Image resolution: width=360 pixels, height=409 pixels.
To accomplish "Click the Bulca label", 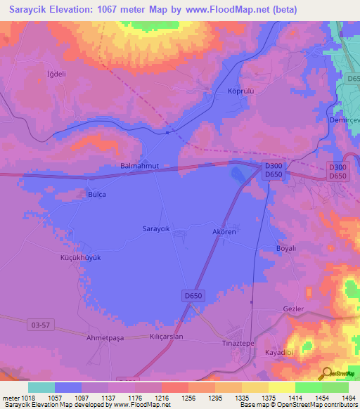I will (x=96, y=194).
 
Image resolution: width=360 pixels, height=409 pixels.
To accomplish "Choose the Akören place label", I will (x=226, y=231).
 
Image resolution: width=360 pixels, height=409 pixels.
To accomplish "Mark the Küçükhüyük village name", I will (x=80, y=258).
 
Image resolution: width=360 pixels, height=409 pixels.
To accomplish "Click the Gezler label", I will (x=292, y=309).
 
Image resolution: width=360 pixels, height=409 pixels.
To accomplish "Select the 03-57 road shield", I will (x=41, y=324).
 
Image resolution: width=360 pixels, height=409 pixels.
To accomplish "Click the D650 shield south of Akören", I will (x=194, y=296).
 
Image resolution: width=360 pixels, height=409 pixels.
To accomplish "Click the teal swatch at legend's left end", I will (x=41, y=387).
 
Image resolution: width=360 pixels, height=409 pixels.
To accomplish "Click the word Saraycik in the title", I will (x=26, y=9).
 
